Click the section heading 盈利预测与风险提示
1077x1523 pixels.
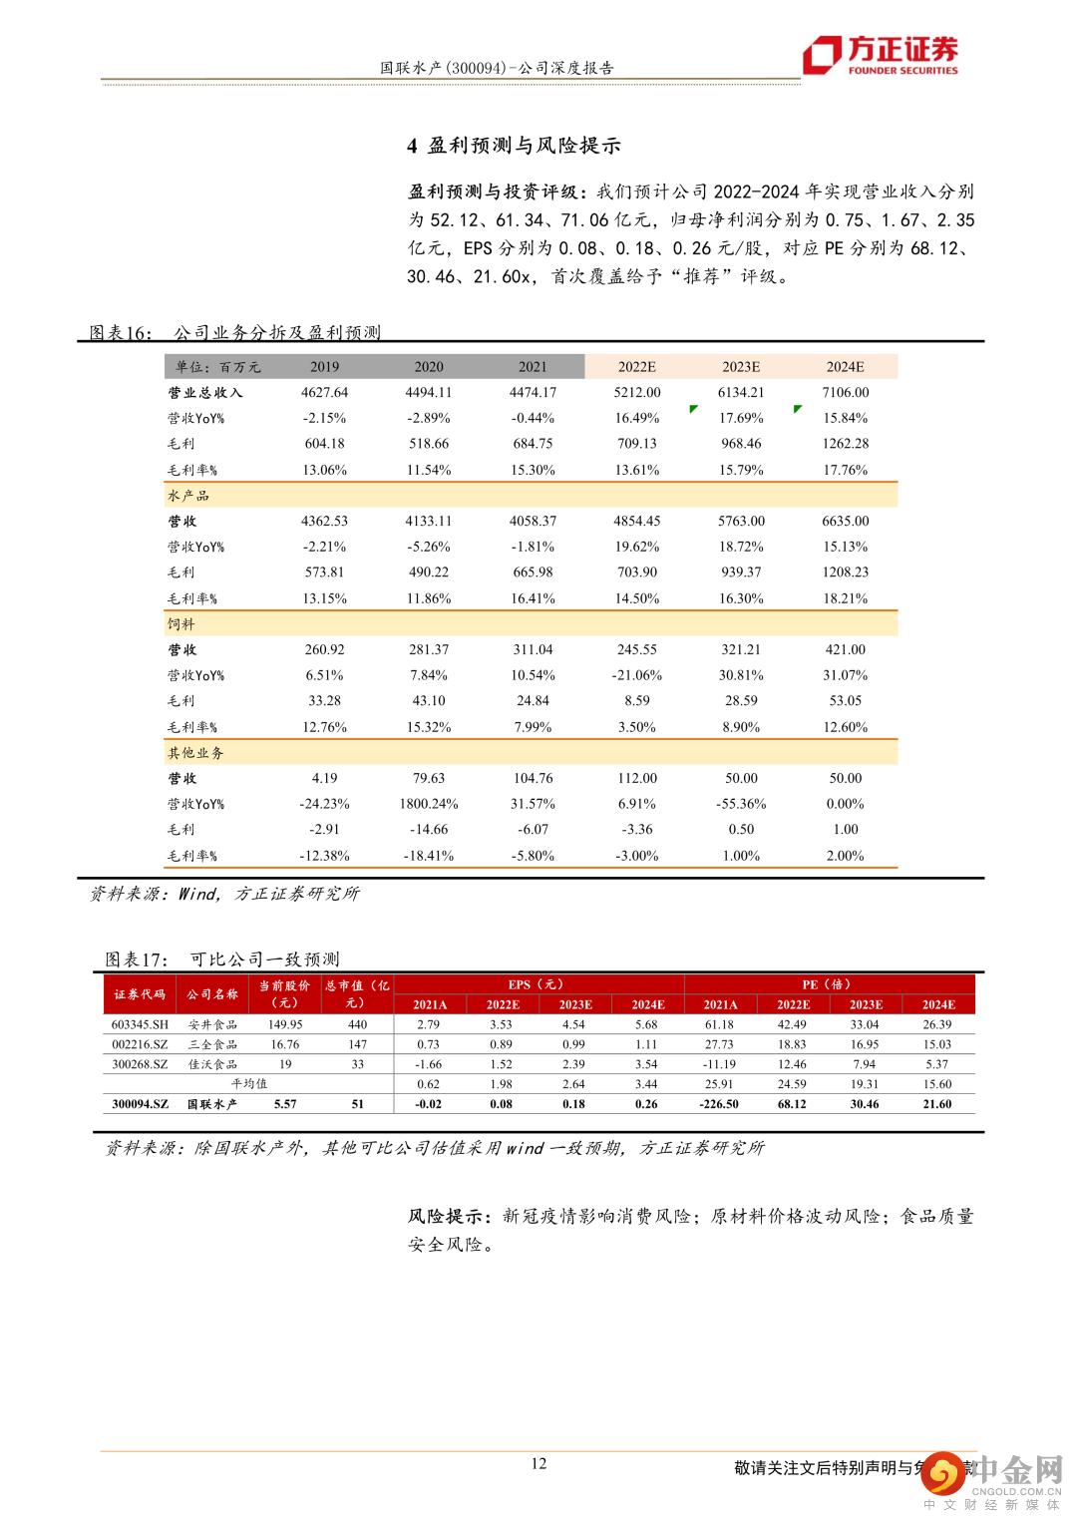524,146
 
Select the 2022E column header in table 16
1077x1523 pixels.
637,367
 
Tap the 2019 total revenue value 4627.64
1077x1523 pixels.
325,393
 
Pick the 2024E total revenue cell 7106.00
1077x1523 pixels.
845,393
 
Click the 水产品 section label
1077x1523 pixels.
188,496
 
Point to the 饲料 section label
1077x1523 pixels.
181,624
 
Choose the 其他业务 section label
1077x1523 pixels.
195,753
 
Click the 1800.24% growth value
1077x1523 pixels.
429,804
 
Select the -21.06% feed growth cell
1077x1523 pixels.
637,675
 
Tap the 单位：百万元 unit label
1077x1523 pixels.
218,367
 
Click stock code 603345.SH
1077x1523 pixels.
140,1024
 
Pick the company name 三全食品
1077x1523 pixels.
212,1044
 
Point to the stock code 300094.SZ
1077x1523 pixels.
140,1104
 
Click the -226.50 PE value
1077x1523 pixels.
719,1104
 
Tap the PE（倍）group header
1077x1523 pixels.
828,984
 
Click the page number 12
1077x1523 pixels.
538,1463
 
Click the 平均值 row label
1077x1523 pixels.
249,1084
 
